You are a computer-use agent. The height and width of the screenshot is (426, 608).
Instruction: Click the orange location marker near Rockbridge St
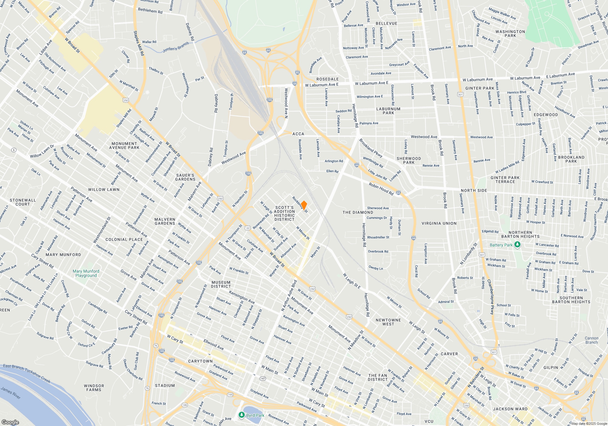tap(304, 205)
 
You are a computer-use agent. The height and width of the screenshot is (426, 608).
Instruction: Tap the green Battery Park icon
tap(517, 245)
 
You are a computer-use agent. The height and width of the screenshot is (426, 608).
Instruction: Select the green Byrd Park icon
tap(241, 415)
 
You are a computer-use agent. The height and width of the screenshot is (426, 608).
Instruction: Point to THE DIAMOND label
tap(358, 212)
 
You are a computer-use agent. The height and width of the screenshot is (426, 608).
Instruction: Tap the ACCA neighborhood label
tap(298, 134)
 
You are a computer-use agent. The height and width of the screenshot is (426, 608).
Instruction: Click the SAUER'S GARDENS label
tap(185, 177)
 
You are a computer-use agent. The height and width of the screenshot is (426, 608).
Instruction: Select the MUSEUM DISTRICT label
tap(221, 284)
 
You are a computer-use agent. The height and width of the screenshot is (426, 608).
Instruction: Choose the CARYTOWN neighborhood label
tap(200, 361)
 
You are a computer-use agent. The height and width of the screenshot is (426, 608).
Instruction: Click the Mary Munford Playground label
tap(86, 273)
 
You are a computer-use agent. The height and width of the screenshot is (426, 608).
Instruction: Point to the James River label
tap(11, 393)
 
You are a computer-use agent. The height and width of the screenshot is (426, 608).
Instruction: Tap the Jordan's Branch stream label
tap(176, 47)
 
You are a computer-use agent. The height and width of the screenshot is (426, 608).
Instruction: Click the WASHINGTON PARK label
tap(510, 33)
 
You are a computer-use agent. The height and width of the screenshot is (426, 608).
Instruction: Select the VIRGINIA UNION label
tap(439, 223)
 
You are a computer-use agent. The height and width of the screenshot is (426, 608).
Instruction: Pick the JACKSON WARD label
tap(510, 409)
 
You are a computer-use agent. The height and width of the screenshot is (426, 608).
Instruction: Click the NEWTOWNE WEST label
tap(388, 322)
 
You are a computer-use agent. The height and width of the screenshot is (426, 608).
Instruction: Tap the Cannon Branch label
tap(591, 340)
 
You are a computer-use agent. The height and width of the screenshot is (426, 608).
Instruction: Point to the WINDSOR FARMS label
tap(94, 388)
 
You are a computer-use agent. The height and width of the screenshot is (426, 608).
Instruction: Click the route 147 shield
tap(263, 379)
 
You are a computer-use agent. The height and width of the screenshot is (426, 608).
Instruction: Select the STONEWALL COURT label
tap(23, 202)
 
